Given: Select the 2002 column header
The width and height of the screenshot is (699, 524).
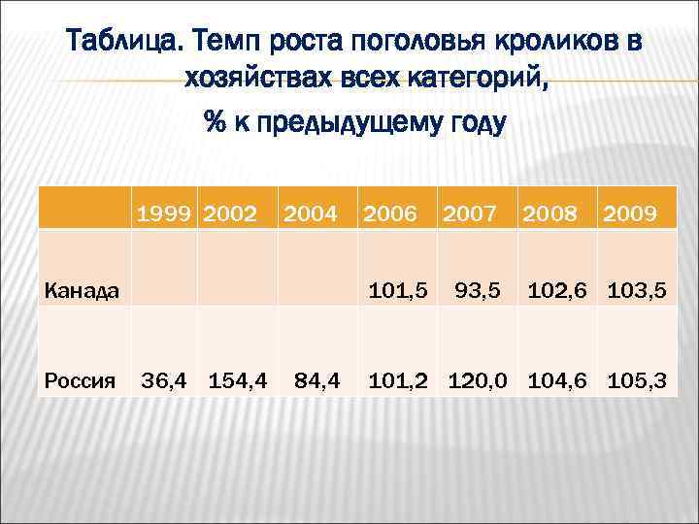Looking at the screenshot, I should (230, 212).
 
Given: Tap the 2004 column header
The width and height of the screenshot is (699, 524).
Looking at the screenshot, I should (311, 212).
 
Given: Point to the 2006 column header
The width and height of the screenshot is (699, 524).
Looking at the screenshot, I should (391, 212).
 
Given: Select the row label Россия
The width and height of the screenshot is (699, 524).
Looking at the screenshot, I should (81, 380).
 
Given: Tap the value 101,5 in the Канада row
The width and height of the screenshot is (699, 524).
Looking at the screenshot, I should (398, 288).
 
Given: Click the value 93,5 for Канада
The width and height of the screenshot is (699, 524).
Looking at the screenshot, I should (477, 288).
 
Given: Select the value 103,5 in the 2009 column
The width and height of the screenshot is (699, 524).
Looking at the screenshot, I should (637, 288).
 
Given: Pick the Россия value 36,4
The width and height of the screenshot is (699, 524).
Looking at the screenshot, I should (165, 379).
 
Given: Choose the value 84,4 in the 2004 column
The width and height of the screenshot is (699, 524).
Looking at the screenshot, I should (316, 379).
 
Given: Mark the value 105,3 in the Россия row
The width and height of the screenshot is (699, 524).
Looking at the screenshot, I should (637, 379).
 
